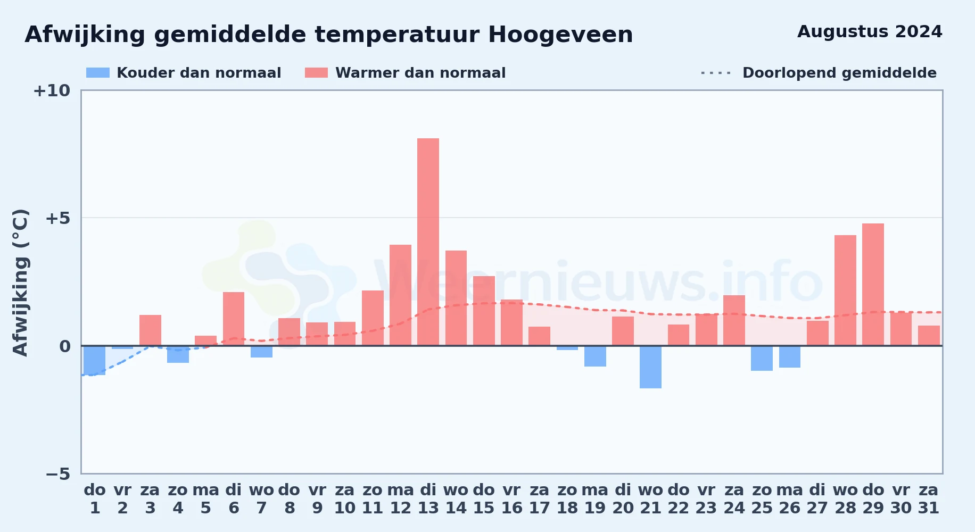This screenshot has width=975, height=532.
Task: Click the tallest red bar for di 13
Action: (x=428, y=242)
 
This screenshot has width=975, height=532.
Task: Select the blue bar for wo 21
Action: (x=650, y=367)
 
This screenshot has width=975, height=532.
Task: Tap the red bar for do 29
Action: (x=873, y=285)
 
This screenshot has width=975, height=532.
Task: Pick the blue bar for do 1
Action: (x=95, y=360)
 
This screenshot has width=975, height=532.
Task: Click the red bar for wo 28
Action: (x=845, y=290)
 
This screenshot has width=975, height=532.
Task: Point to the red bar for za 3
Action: (x=150, y=330)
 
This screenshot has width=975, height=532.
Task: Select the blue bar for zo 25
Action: (x=762, y=358)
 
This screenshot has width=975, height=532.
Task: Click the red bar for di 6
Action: (x=234, y=319)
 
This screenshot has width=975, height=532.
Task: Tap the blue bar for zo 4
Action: (x=178, y=354)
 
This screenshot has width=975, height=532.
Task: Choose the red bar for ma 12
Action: (x=400, y=295)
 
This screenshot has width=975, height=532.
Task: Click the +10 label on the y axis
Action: (x=52, y=91)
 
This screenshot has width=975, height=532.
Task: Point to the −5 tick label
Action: (x=57, y=474)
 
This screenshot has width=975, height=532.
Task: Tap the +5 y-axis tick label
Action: (x=57, y=218)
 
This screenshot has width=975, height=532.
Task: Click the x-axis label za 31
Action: (x=929, y=499)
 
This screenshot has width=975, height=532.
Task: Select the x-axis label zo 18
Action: (x=567, y=499)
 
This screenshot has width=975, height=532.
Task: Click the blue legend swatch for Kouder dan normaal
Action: (x=98, y=73)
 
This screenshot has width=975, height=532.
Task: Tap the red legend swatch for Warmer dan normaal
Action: (x=316, y=73)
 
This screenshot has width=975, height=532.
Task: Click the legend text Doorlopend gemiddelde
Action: (x=839, y=73)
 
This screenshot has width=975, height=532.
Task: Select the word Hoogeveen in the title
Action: (x=560, y=35)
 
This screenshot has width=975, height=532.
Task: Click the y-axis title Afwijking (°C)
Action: (x=20, y=282)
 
